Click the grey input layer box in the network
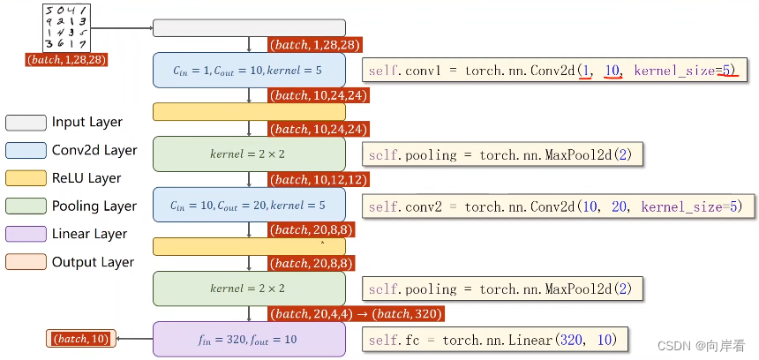click(x=249, y=27)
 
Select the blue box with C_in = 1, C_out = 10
click(x=249, y=70)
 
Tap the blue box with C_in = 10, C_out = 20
click(x=249, y=205)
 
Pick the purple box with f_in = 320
click(x=249, y=339)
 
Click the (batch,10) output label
click(x=81, y=339)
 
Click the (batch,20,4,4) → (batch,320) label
click(x=357, y=314)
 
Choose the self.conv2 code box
click(x=560, y=206)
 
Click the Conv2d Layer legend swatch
click(x=25, y=150)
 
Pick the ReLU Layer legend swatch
click(x=25, y=178)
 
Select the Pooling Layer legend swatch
click(x=25, y=206)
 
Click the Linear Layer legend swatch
click(x=25, y=234)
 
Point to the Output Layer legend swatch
click(x=25, y=262)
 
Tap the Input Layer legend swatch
click(x=25, y=122)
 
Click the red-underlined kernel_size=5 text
click(x=686, y=69)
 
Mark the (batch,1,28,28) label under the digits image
click(x=67, y=60)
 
